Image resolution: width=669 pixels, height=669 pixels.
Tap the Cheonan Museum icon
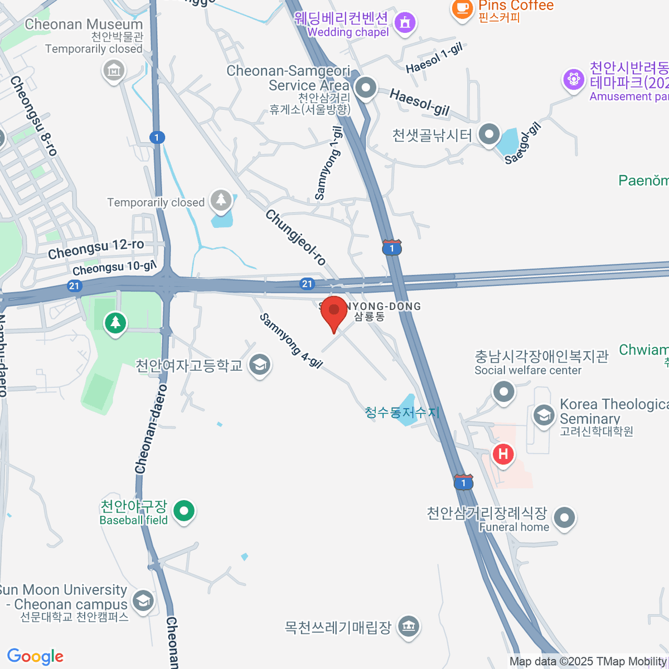[x=114, y=71]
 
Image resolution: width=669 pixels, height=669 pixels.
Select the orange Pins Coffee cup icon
[x=462, y=8]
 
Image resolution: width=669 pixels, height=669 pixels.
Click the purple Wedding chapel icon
[x=405, y=23]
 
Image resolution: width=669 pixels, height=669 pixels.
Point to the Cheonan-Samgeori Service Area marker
[x=366, y=88]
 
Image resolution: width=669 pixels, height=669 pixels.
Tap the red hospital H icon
[x=503, y=454]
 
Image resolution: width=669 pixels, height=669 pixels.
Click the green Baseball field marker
[x=183, y=510]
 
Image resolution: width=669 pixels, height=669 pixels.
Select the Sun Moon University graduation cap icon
[x=143, y=601]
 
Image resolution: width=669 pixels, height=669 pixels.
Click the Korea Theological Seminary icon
[x=543, y=415]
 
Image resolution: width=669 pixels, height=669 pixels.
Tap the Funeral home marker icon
[x=565, y=517]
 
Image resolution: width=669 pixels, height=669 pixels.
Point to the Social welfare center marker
[x=504, y=391]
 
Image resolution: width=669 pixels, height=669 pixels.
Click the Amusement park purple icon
[x=573, y=80]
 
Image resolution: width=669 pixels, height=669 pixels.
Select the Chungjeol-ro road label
[x=295, y=237]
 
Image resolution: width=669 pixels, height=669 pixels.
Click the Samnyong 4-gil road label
[x=291, y=341]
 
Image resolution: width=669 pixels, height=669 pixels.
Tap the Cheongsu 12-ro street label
[x=96, y=249]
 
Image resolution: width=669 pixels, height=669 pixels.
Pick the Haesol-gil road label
[x=419, y=102]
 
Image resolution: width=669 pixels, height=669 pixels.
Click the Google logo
[x=35, y=656]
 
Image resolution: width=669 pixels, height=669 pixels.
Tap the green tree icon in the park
[x=115, y=322]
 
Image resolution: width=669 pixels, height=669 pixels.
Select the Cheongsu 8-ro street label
[x=33, y=116]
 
